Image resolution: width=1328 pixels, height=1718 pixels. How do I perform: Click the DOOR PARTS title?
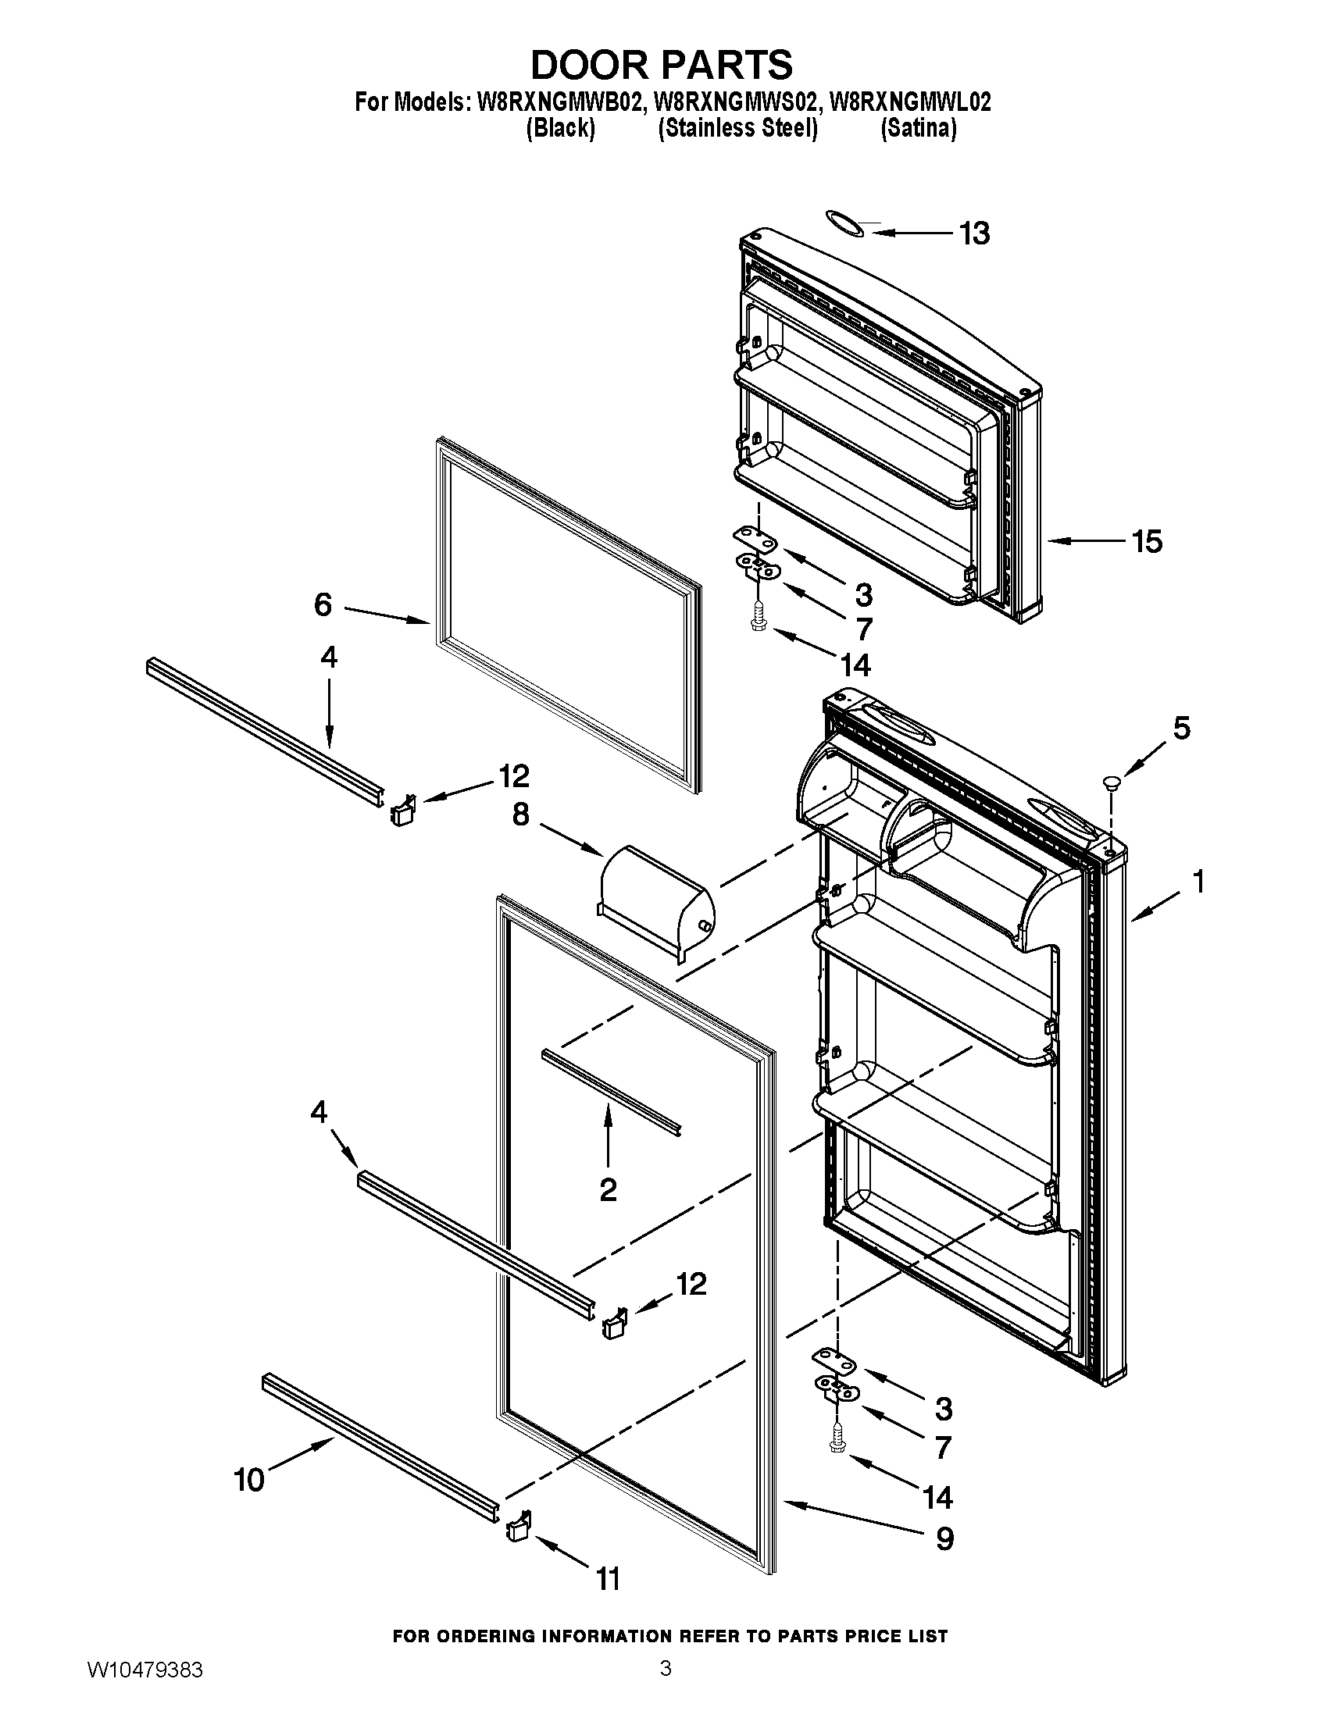(662, 65)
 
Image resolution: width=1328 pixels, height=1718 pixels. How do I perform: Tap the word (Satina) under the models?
(918, 128)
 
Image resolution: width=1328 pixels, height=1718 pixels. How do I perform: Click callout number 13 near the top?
(974, 233)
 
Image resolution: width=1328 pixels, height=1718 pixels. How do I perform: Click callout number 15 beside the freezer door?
(1146, 541)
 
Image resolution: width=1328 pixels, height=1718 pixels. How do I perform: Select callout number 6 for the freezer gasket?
(323, 604)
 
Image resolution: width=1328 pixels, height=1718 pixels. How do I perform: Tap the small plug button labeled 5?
(1112, 781)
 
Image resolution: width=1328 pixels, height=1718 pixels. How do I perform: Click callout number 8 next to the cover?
(520, 815)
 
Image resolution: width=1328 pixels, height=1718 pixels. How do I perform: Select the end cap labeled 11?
(518, 1527)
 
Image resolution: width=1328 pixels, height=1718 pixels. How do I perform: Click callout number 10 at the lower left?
(249, 1481)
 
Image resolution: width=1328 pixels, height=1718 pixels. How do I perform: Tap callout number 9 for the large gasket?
(945, 1538)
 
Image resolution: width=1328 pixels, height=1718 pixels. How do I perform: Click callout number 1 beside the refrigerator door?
(1198, 882)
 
